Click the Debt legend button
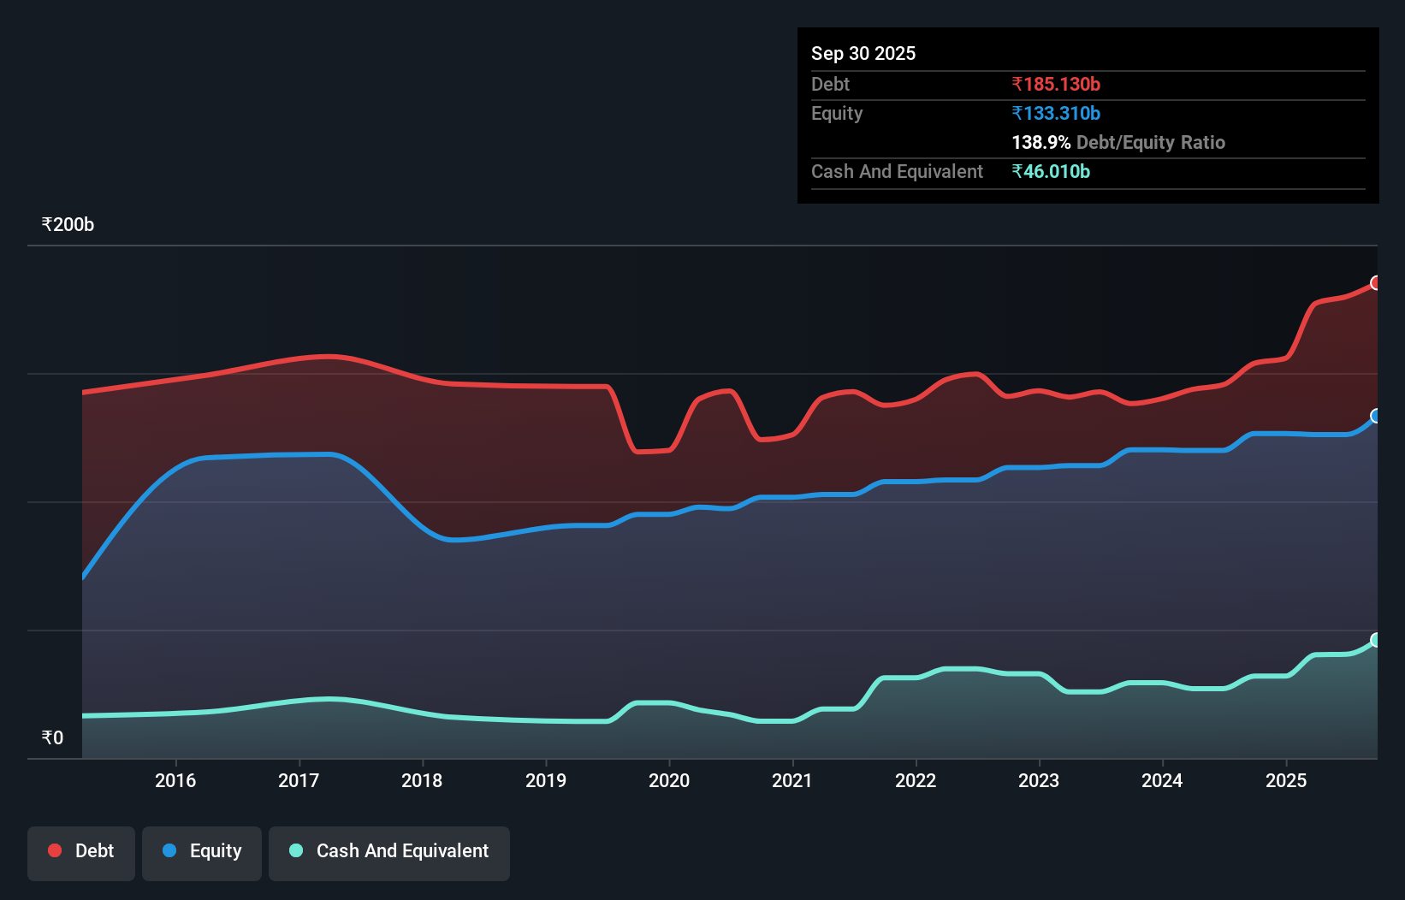81,851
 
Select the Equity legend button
202,851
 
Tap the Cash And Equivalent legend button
389,851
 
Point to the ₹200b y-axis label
68,224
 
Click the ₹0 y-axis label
52,737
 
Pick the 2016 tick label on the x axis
175,780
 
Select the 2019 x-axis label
546,780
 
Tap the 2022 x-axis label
916,780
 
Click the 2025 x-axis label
1286,780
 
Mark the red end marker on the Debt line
1376,283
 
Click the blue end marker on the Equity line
1376,416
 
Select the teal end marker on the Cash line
1376,640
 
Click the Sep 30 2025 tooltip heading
863,53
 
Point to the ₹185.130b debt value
1056,84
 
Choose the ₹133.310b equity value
1056,113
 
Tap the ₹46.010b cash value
1051,171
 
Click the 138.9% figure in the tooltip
1040,142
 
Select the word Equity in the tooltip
837,113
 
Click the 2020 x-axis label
669,780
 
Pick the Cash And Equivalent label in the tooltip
897,171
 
